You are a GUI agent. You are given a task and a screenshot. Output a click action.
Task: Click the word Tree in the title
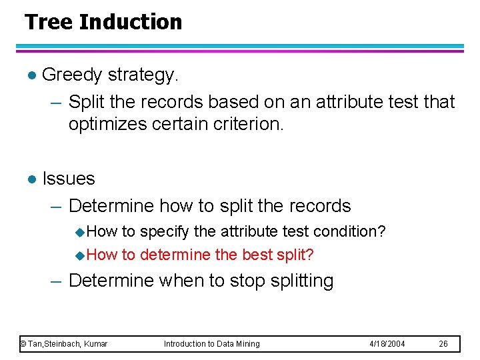[x=49, y=22]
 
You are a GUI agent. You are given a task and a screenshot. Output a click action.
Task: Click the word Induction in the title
[x=130, y=22]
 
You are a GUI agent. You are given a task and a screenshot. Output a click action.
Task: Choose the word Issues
[x=69, y=179]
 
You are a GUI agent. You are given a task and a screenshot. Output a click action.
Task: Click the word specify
[x=164, y=231]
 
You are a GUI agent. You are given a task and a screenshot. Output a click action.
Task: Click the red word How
[x=101, y=255]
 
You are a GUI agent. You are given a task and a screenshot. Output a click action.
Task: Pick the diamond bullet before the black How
[x=80, y=233]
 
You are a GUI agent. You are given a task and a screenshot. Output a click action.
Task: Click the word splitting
[x=302, y=281]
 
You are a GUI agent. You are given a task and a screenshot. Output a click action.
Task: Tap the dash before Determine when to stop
[x=58, y=281]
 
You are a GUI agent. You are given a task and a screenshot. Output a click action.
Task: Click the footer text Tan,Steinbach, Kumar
[x=67, y=344]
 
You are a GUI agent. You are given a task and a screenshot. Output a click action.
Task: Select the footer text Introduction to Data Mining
[x=212, y=344]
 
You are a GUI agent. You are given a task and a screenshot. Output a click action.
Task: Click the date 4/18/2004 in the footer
[x=387, y=344]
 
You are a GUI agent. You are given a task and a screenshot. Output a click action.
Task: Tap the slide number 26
[x=443, y=344]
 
